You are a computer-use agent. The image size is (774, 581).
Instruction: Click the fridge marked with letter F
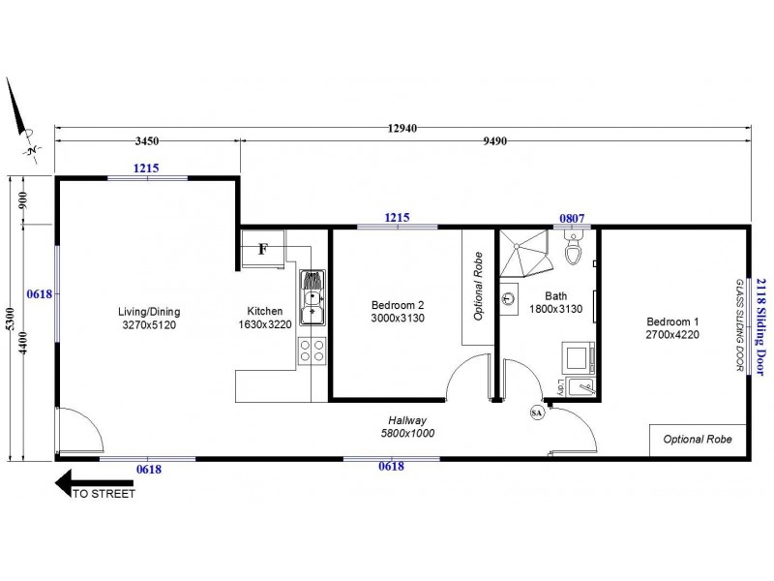[x=263, y=249]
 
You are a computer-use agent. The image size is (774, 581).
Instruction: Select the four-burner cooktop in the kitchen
[x=312, y=351]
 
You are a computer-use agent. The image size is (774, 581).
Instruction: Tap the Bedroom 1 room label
[x=671, y=328]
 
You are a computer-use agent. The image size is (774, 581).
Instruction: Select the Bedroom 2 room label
[x=398, y=311]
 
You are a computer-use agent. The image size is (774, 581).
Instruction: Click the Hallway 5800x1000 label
[x=405, y=427]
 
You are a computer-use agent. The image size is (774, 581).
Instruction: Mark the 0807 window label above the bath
[x=572, y=219]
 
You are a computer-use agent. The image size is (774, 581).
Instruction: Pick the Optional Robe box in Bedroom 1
[x=698, y=440]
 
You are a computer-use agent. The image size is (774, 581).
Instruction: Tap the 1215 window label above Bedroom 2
[x=397, y=218]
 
